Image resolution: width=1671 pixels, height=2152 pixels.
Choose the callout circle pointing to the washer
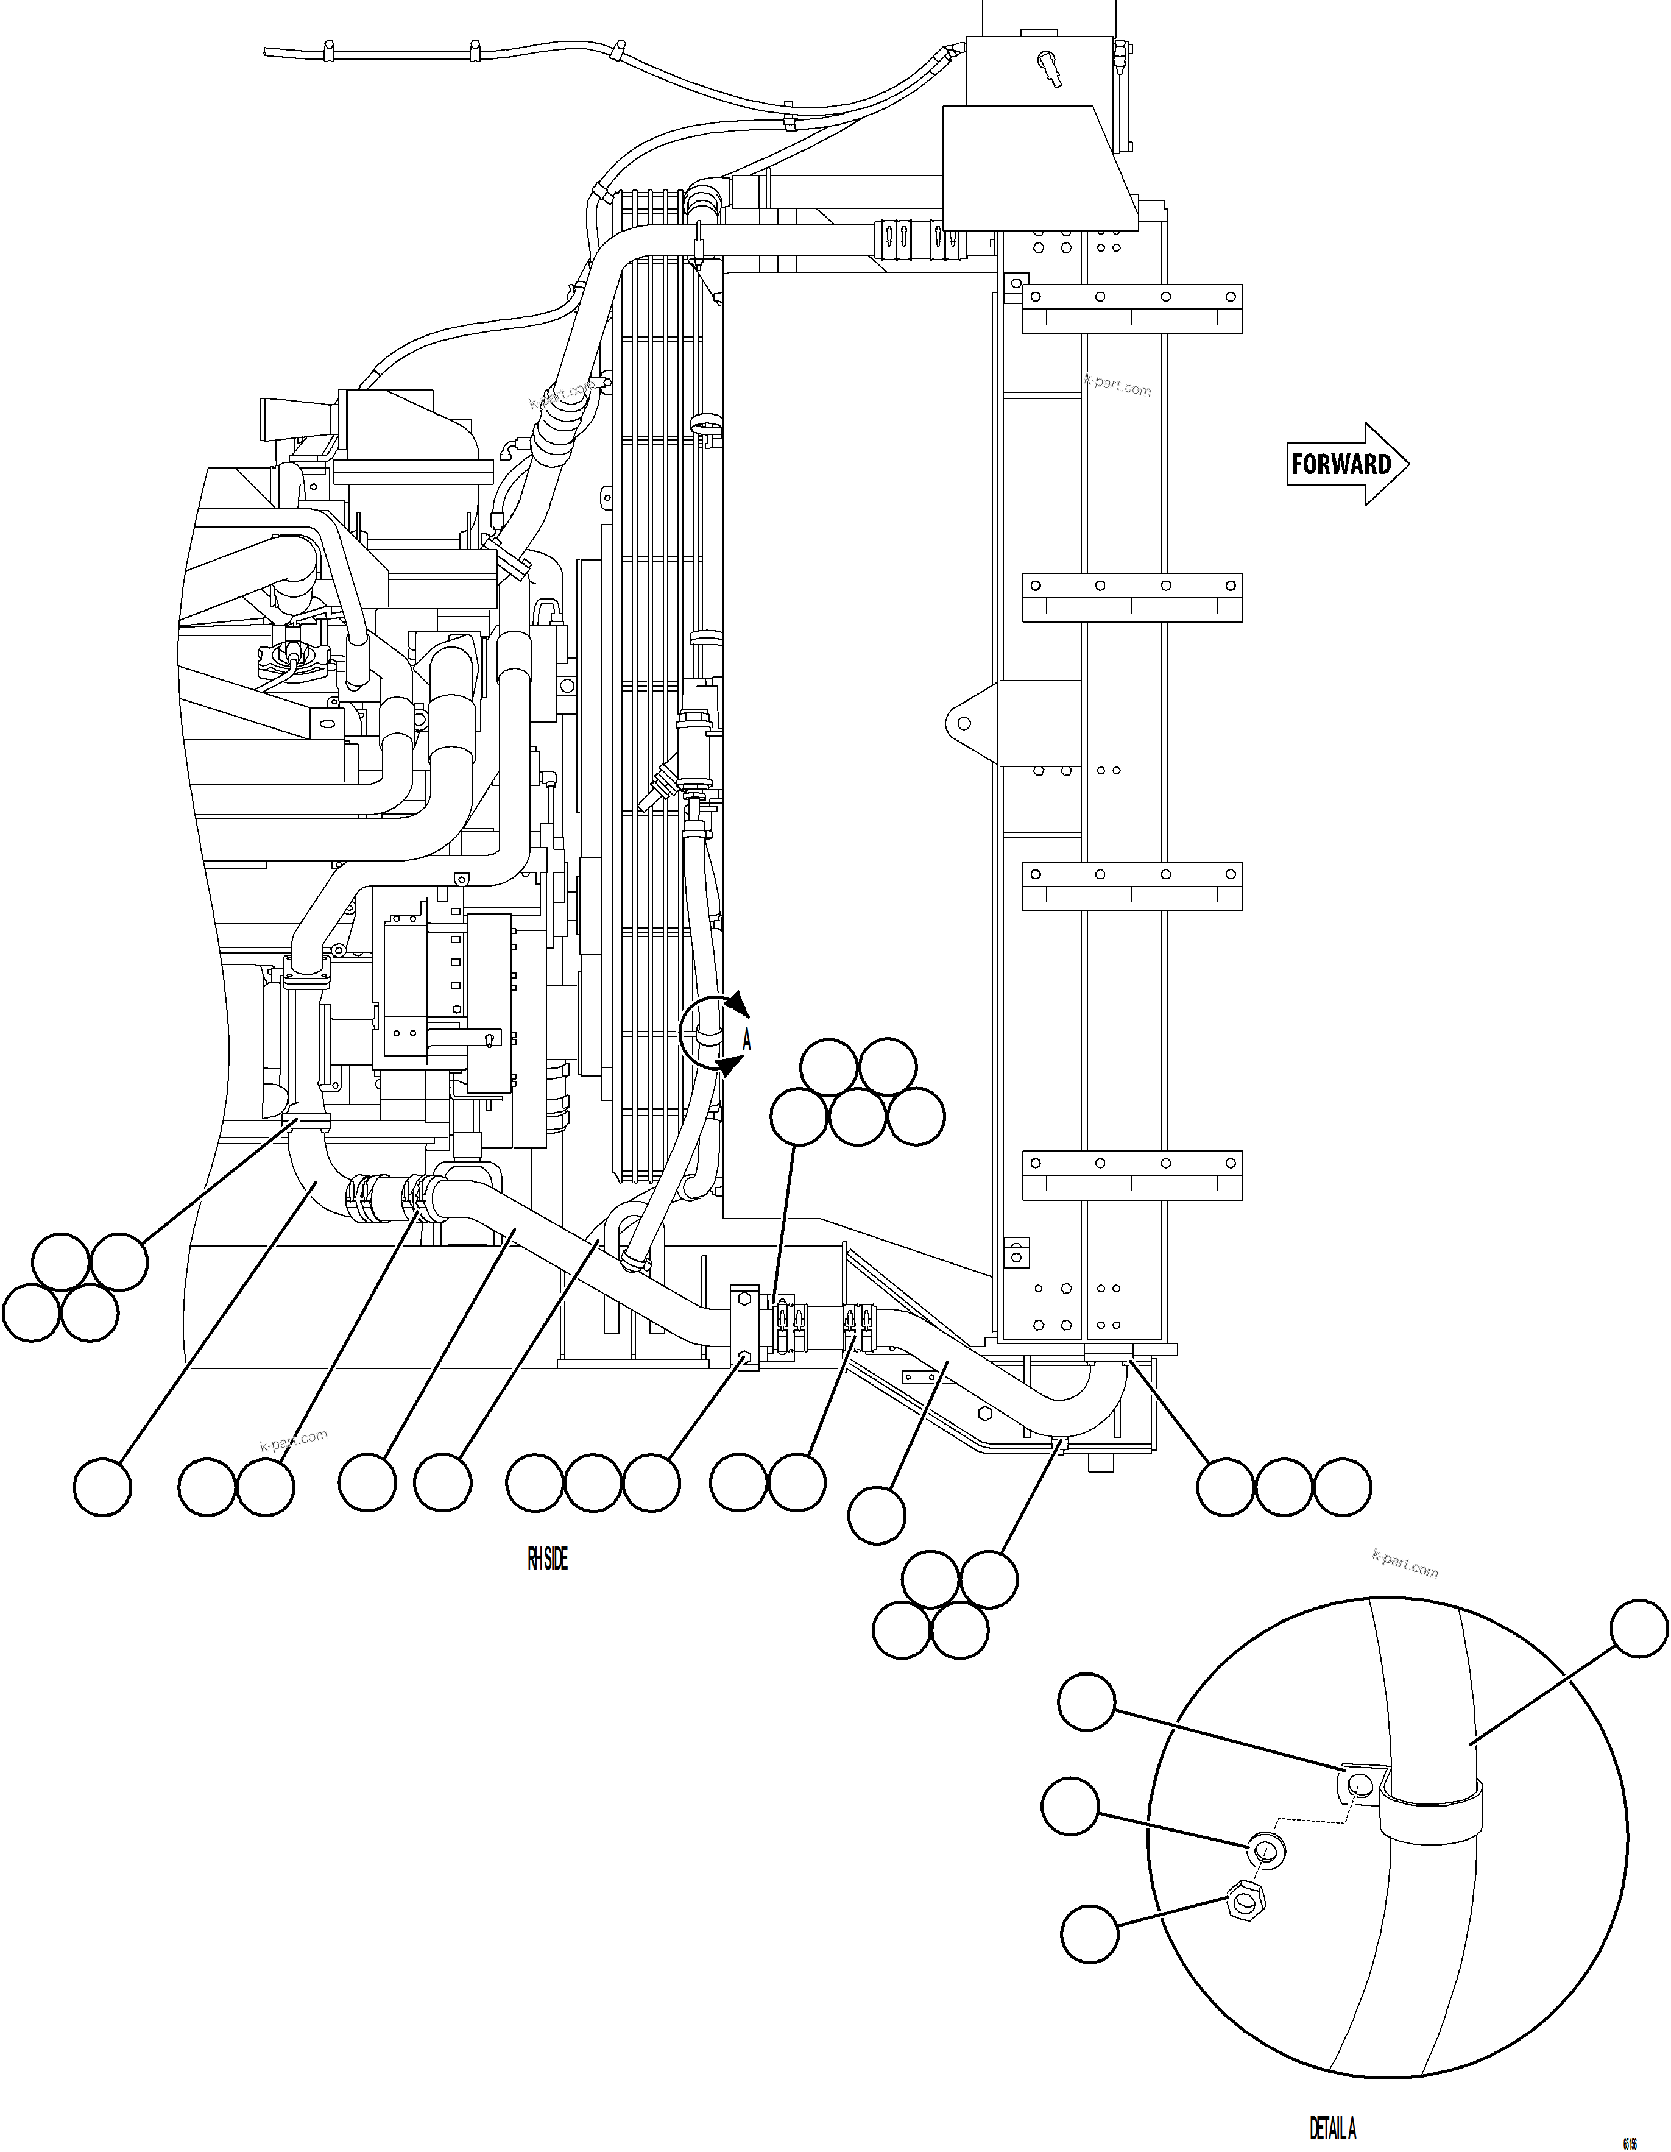pos(1070,1806)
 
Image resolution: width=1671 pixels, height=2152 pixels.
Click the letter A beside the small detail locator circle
pos(747,1039)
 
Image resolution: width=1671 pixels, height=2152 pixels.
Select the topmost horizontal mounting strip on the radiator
pos(1132,308)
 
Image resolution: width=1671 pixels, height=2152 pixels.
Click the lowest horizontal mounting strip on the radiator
pos(1132,1175)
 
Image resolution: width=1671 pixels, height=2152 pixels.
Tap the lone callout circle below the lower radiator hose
pos(877,1515)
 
